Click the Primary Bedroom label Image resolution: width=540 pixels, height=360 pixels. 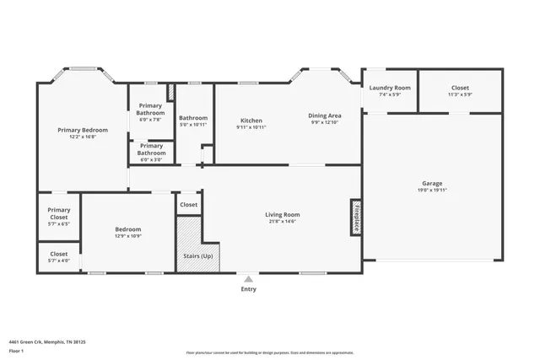coord(83,130)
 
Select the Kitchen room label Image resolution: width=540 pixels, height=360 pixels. coord(251,120)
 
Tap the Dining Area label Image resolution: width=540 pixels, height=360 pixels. coord(324,116)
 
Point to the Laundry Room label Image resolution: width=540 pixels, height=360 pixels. coord(389,88)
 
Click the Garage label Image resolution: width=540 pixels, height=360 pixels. coord(432,183)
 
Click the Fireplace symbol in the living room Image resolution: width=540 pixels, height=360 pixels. coord(356,217)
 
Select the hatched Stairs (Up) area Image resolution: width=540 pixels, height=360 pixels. coord(198,244)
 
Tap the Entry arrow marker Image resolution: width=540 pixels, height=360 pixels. coord(248,278)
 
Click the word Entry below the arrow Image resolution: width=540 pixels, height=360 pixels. coord(248,289)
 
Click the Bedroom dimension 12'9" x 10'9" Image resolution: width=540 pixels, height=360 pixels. coord(128,236)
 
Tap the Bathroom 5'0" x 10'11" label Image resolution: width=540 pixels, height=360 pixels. coord(193,125)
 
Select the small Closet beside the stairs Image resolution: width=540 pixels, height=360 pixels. coord(189,204)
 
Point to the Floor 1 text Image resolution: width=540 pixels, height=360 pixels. coord(16,350)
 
